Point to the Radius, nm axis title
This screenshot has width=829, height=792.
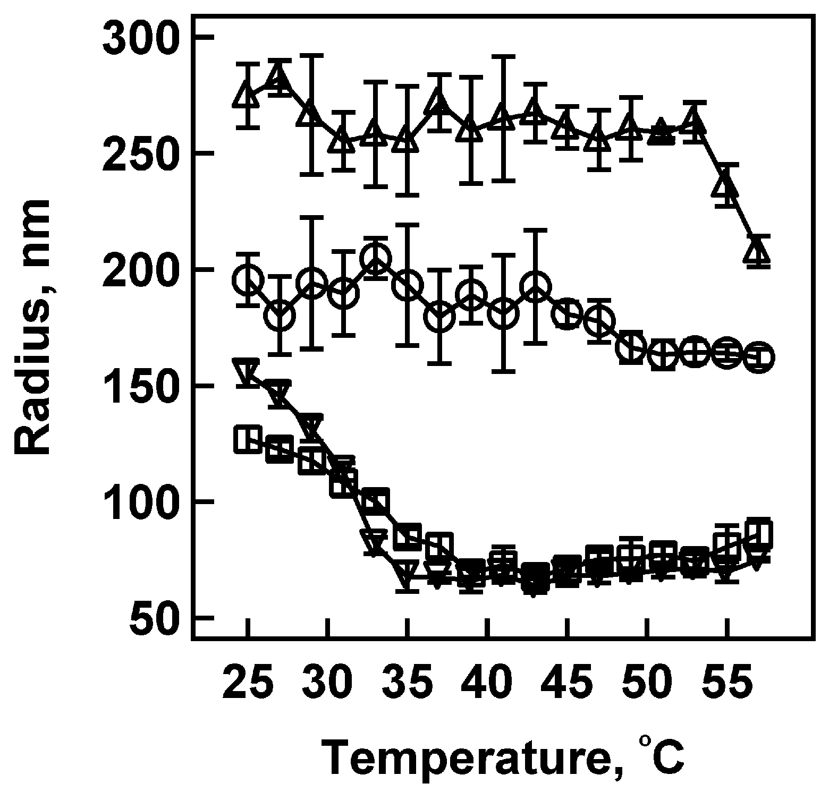coord(32,327)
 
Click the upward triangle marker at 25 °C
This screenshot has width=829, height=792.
coord(248,96)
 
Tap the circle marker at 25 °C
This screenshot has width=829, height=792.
coord(248,279)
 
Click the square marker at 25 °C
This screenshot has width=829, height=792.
coord(248,440)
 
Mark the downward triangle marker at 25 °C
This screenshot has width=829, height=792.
coord(248,371)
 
